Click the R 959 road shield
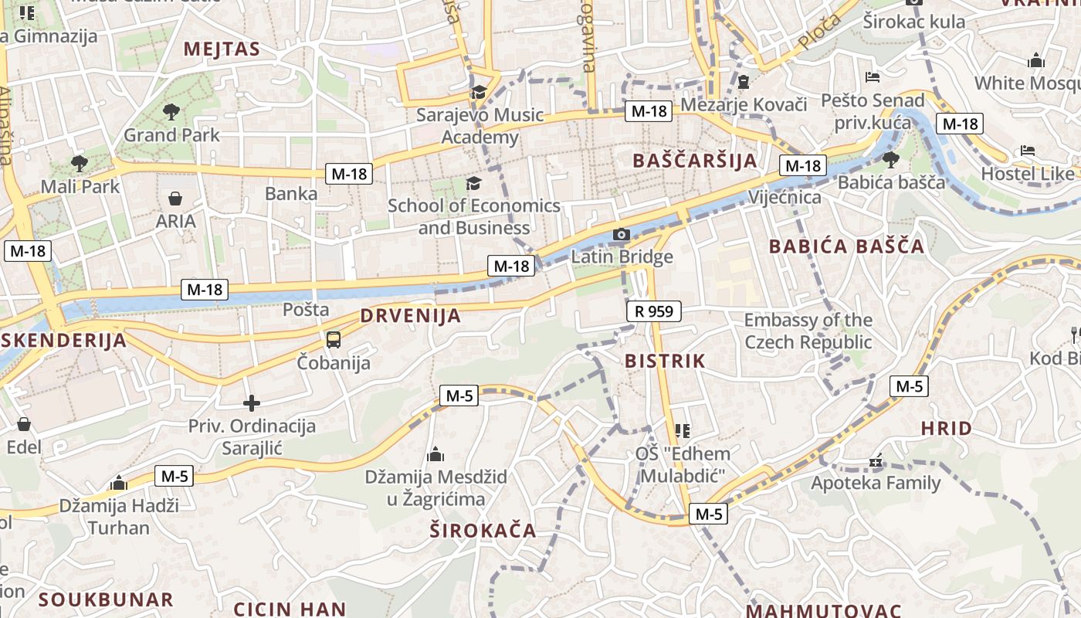tap(654, 311)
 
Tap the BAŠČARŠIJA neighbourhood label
tap(694, 161)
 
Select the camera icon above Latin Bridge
tap(622, 234)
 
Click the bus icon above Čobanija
tap(334, 339)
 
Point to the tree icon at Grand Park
tap(171, 112)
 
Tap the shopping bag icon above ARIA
tap(176, 199)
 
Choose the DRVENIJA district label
tap(411, 315)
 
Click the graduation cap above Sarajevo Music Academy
tap(479, 93)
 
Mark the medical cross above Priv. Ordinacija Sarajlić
tap(252, 403)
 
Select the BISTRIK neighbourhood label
tap(665, 361)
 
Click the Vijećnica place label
tap(784, 197)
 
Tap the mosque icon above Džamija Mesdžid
tap(435, 453)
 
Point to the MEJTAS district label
tap(222, 50)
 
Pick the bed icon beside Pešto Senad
tap(873, 77)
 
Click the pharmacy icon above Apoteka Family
tap(876, 462)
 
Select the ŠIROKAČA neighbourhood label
tap(483, 531)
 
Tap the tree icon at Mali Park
tap(79, 163)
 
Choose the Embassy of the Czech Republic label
tap(808, 331)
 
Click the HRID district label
tap(946, 428)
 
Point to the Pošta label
tap(306, 310)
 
